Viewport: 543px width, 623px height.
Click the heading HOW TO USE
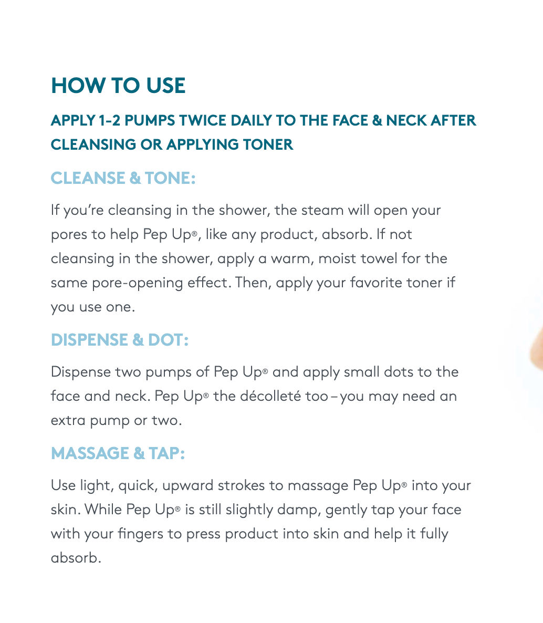point(118,86)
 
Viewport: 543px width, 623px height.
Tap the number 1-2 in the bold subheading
point(109,120)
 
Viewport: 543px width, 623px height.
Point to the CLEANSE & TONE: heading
point(123,178)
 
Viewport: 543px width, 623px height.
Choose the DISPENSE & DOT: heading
point(120,340)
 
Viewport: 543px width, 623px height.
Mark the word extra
point(68,420)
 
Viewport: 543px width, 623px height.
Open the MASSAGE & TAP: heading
point(118,453)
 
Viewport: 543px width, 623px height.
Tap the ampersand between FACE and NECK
point(377,120)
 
